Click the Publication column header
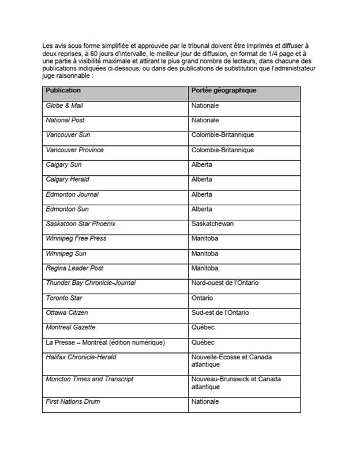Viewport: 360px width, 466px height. click(63, 91)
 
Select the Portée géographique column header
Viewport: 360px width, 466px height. click(224, 91)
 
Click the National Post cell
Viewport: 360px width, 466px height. click(66, 121)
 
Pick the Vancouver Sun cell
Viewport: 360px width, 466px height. click(68, 135)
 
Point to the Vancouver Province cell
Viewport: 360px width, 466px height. click(74, 150)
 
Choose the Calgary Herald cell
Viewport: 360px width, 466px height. click(67, 179)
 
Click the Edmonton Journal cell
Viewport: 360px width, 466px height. click(72, 194)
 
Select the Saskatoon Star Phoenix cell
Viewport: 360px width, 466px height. click(80, 224)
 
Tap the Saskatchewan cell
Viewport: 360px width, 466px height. click(212, 224)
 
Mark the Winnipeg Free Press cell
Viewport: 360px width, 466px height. click(76, 238)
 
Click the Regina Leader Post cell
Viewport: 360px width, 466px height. click(74, 268)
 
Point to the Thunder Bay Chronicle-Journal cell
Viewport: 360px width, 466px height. click(91, 283)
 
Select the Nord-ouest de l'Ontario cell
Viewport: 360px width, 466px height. click(225, 283)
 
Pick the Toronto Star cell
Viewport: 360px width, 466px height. click(64, 298)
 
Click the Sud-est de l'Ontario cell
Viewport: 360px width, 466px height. click(220, 313)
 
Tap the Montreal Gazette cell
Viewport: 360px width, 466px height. click(71, 328)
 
